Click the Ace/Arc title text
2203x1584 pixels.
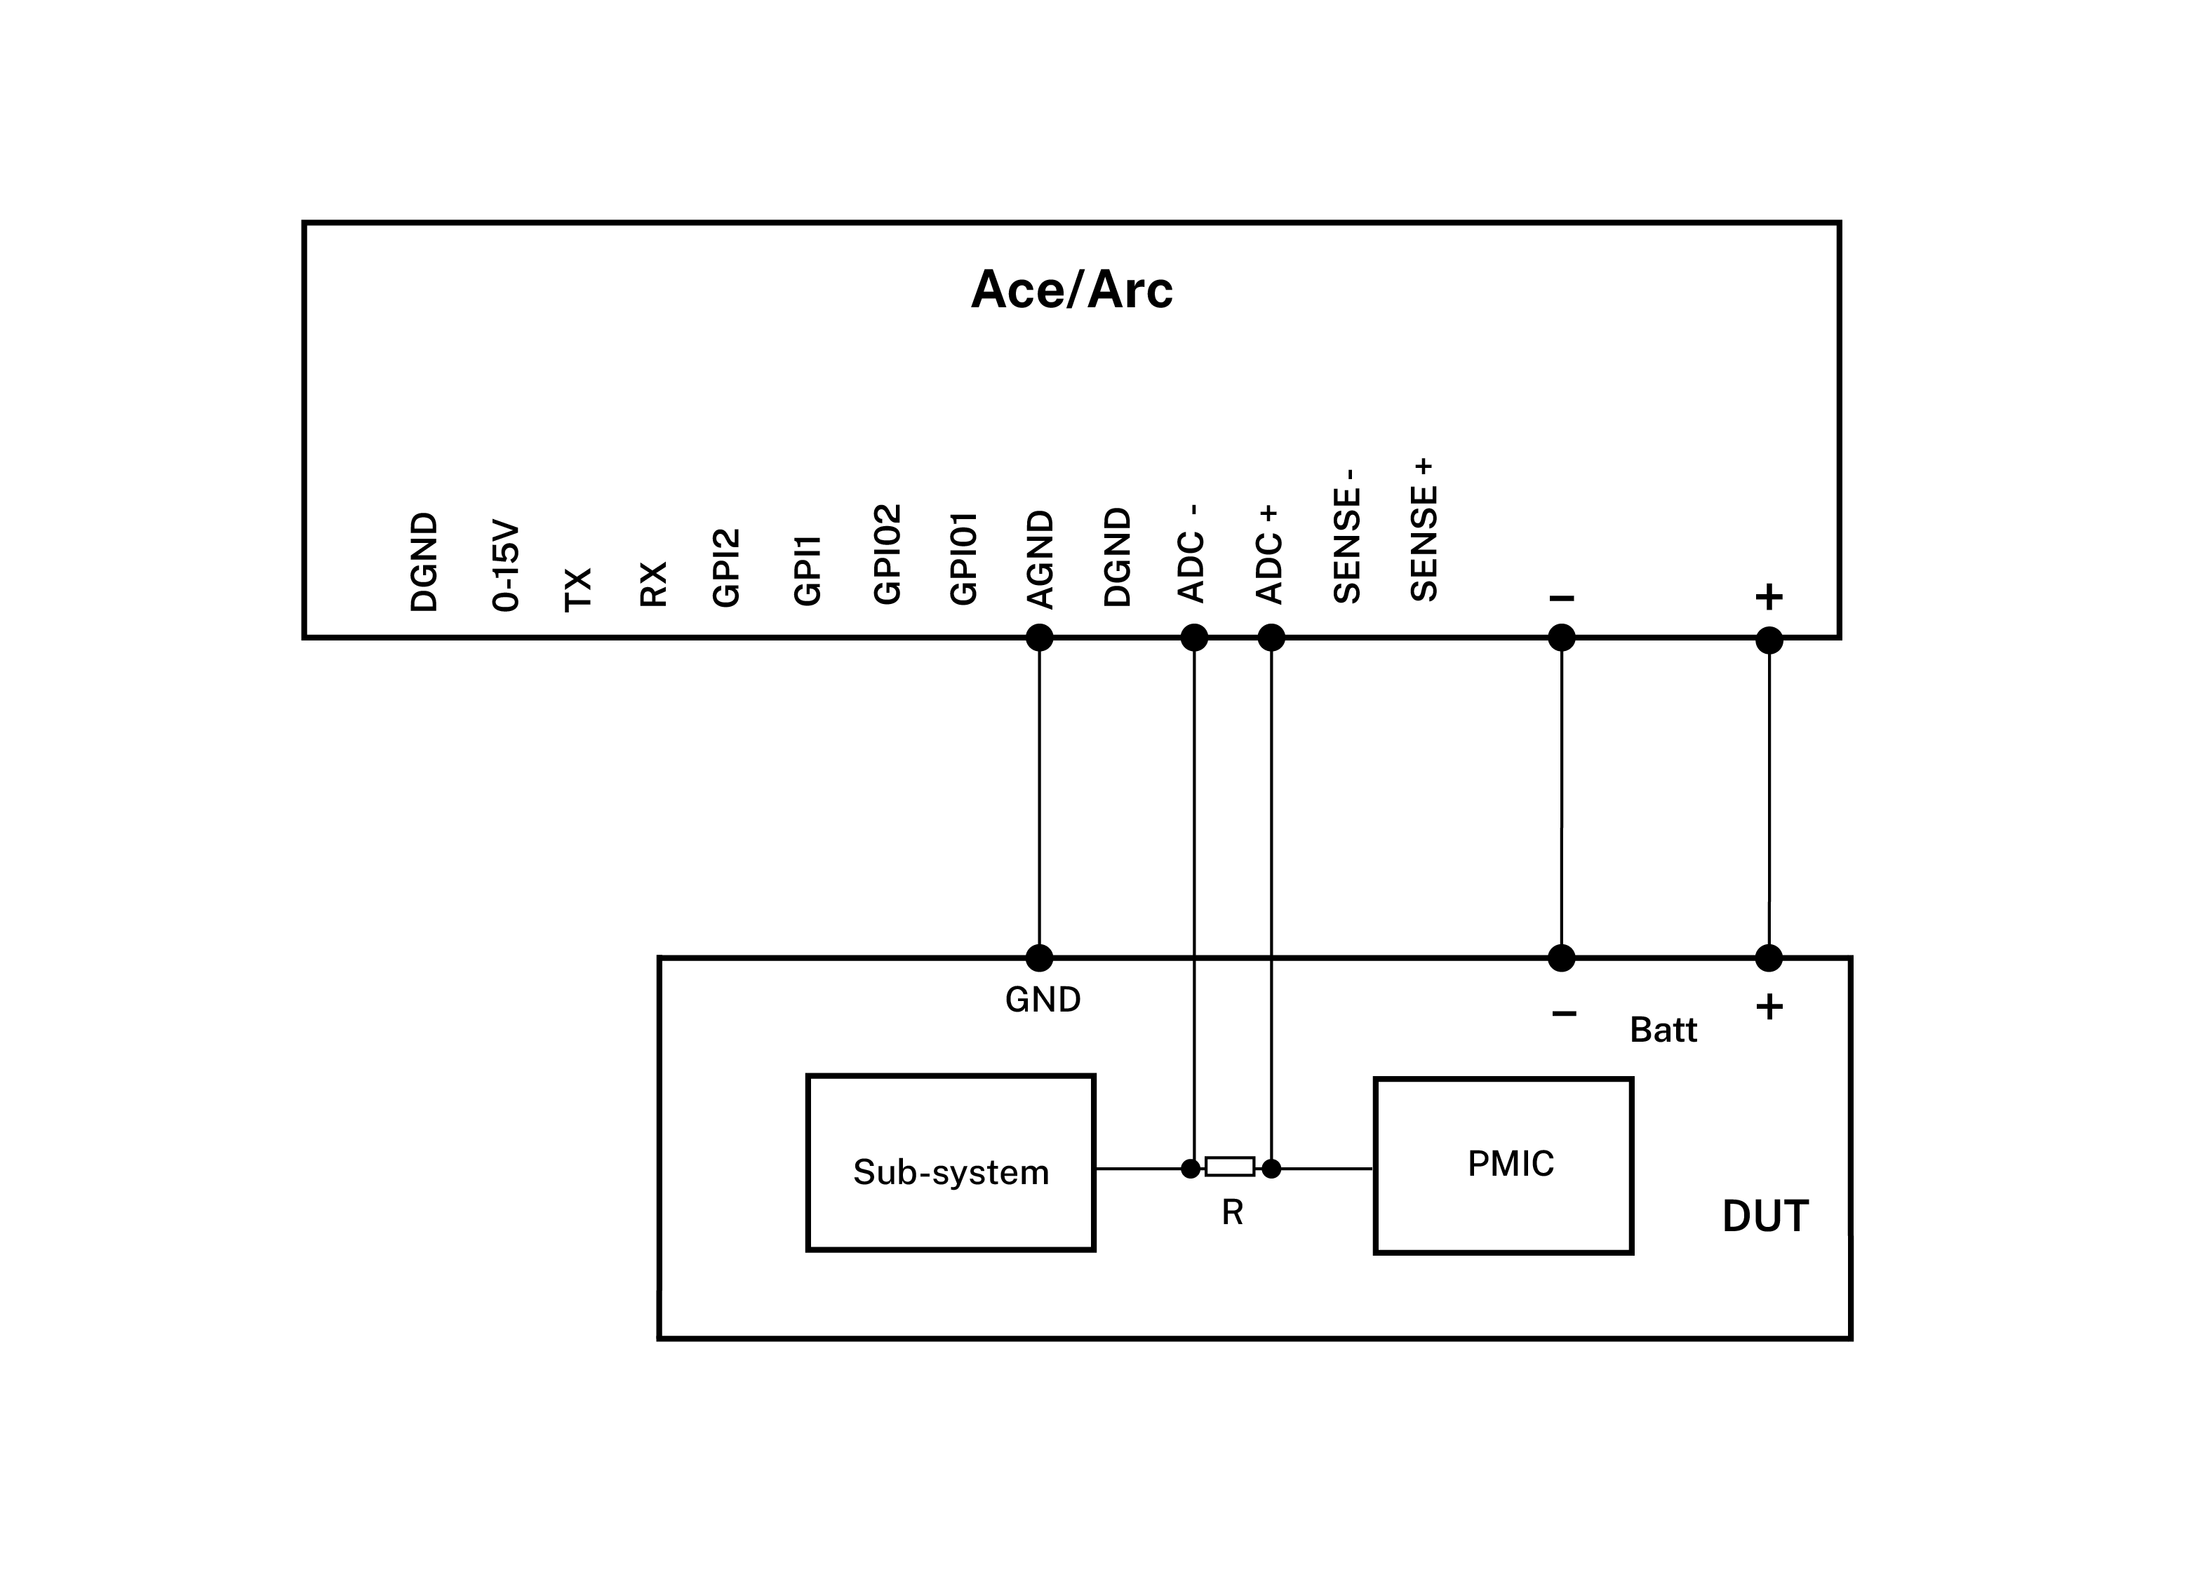coord(1071,290)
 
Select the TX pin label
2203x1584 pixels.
coord(578,589)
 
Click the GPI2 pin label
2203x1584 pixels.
coord(727,568)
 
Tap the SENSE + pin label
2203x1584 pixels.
coord(1423,530)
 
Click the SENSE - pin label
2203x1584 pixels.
coord(1347,536)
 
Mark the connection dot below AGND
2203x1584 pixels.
coord(1039,638)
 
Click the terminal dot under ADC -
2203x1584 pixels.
coord(1194,638)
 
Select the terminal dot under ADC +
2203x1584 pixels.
coord(1271,638)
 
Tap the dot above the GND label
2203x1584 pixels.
coord(1039,958)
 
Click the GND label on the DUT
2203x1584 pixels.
coord(1043,1000)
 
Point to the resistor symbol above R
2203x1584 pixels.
coord(1230,1167)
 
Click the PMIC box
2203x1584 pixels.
coord(1503,1165)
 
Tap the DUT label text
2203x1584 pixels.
coord(1765,1216)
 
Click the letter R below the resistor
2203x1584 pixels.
coord(1232,1212)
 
